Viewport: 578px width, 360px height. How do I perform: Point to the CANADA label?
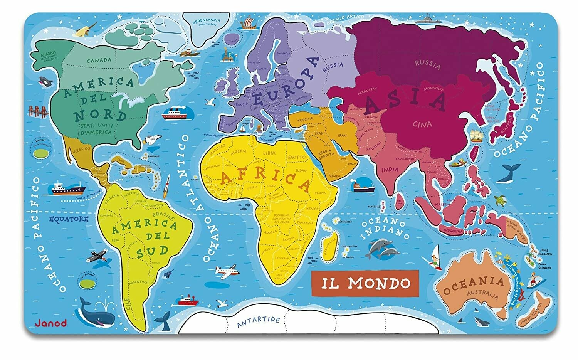click(99, 60)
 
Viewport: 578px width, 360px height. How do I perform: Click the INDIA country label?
click(390, 170)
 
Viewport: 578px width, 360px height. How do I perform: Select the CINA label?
click(423, 124)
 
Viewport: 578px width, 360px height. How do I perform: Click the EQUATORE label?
click(69, 219)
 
